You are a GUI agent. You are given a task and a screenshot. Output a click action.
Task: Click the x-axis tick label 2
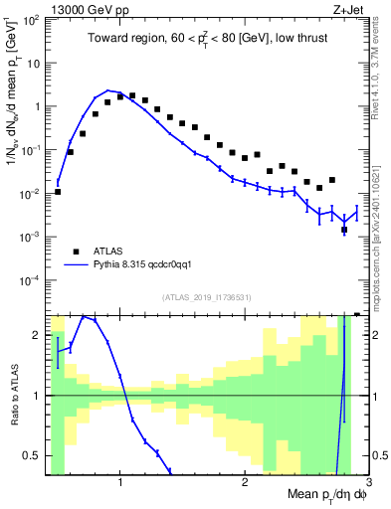click(x=245, y=484)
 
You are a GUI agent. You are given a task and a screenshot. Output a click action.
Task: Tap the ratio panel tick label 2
click(x=36, y=336)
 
